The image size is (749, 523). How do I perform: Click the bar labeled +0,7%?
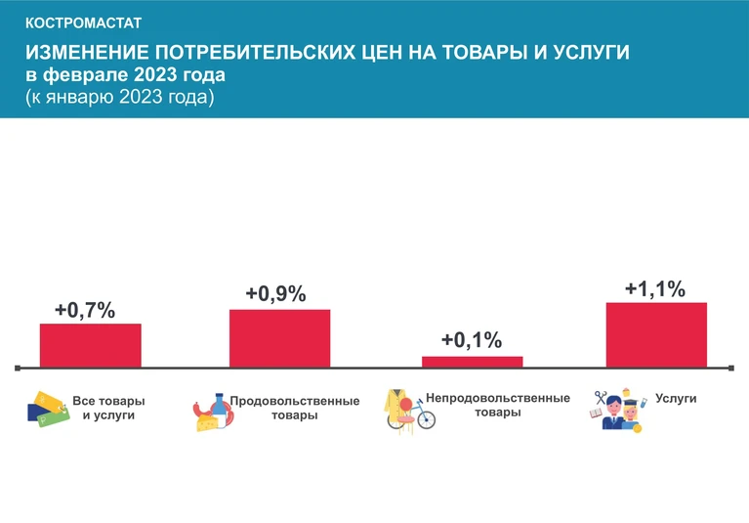(x=90, y=345)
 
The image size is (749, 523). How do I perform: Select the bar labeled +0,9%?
(x=279, y=338)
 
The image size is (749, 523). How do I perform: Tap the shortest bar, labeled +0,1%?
(x=472, y=362)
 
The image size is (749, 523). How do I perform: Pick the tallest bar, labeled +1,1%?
(x=656, y=334)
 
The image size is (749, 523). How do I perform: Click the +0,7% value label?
(x=85, y=310)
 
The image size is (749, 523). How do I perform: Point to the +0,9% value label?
(x=276, y=293)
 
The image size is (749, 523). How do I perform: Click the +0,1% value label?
(x=471, y=340)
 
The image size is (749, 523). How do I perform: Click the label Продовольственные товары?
(x=294, y=408)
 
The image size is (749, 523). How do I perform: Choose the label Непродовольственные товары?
(x=498, y=406)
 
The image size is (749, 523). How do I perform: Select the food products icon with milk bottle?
(x=212, y=413)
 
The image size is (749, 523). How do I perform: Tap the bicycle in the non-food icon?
(x=421, y=417)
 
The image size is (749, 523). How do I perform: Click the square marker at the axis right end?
(x=732, y=369)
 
